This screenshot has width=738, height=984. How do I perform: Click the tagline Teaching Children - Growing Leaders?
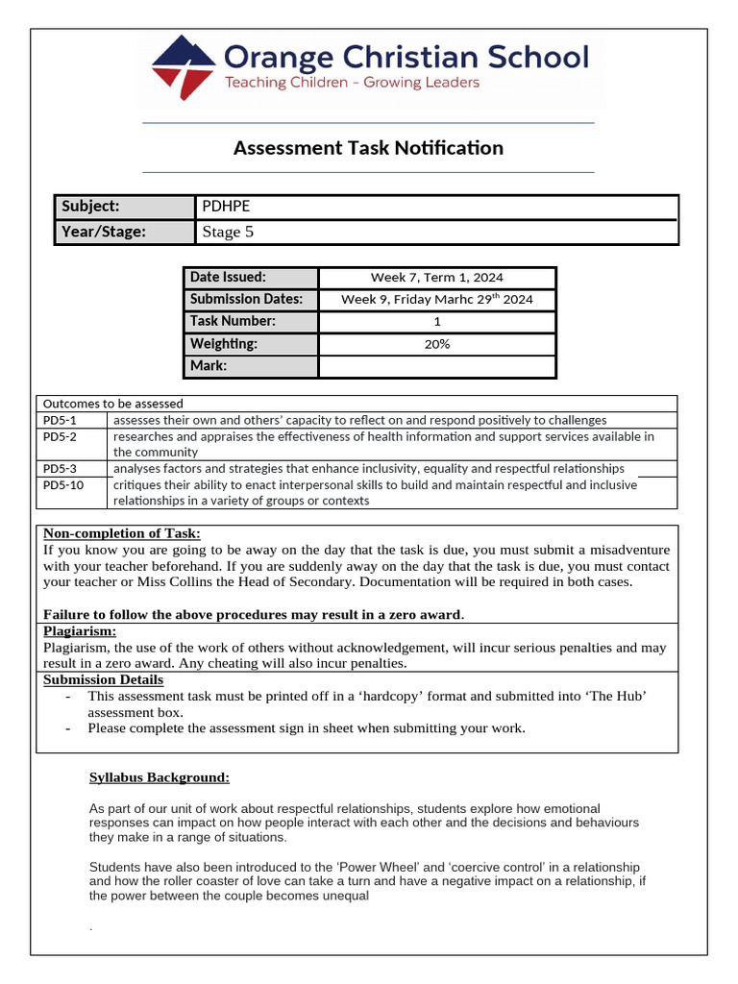pos(352,84)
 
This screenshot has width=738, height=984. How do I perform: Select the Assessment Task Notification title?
pos(368,148)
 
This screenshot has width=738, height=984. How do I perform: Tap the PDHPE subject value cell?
pos(437,207)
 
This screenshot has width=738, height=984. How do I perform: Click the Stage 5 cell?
pos(437,232)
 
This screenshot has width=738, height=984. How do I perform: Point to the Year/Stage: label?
pos(104,232)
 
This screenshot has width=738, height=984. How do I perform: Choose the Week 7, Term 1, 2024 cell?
pos(436,278)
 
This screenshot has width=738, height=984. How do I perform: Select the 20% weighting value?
pos(436,344)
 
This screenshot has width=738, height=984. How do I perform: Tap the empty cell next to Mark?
pos(436,366)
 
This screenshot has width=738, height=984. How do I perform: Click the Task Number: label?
pos(233,322)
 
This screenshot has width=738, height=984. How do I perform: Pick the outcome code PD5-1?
pos(60,420)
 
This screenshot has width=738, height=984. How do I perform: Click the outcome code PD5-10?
pos(63,485)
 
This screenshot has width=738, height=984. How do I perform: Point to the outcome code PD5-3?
pos(60,468)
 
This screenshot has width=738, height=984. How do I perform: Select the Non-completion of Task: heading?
pos(122,534)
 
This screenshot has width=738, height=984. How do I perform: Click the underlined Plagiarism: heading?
pos(80,631)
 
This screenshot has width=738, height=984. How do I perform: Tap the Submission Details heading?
pos(104,679)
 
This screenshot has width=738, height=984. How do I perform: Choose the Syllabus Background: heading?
pos(160,777)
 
